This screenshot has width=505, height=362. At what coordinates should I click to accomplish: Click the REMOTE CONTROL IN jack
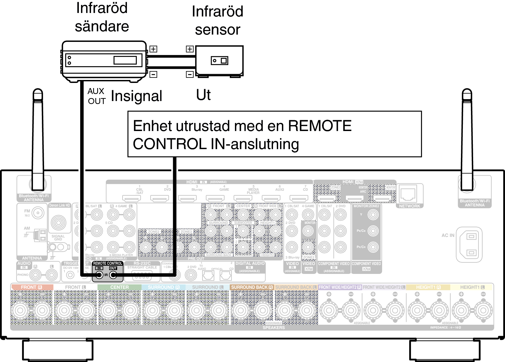99,275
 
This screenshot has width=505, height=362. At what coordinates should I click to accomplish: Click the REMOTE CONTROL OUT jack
113,275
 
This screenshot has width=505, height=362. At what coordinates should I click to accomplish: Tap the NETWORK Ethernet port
408,194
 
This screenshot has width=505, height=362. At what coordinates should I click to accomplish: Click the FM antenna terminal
38,213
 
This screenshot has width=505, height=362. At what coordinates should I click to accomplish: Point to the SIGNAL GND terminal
58,223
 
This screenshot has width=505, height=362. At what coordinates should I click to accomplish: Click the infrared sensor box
219,61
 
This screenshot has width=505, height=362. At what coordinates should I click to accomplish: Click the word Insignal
136,96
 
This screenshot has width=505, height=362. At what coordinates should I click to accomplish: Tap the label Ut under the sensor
203,95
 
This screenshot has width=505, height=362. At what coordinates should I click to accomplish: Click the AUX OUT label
96,96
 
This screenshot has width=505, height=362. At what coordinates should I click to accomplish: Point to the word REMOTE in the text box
320,126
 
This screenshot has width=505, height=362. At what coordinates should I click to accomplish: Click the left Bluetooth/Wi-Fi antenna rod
38,140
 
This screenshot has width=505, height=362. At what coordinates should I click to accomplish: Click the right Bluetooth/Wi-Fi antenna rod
467,140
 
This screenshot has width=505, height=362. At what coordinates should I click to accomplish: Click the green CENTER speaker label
119,287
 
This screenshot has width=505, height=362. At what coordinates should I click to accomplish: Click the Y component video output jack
373,215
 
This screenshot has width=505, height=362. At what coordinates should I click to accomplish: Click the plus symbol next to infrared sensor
190,49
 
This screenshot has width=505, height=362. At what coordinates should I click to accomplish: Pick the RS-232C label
142,263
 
